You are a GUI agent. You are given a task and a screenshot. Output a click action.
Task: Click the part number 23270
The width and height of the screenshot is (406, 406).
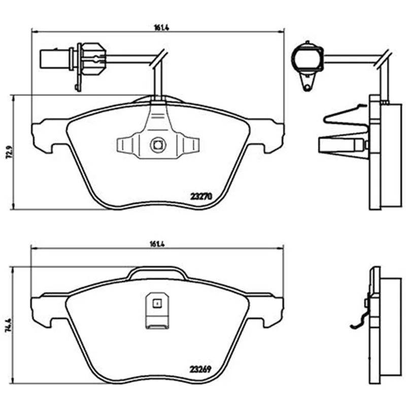click(201, 196)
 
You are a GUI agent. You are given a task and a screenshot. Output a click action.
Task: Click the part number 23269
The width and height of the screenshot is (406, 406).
click(200, 369)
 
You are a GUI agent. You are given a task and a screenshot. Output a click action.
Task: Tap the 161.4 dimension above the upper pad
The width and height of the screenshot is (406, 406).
click(162, 28)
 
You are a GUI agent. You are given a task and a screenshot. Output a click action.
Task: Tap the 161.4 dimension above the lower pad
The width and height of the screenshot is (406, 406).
click(157, 244)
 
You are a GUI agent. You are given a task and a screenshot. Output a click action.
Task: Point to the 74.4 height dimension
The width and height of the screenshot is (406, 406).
click(9, 325)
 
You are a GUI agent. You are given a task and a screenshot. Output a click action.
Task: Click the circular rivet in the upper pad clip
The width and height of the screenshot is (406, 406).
click(157, 145)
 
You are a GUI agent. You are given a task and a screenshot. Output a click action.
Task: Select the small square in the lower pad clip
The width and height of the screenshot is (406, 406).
click(157, 303)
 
